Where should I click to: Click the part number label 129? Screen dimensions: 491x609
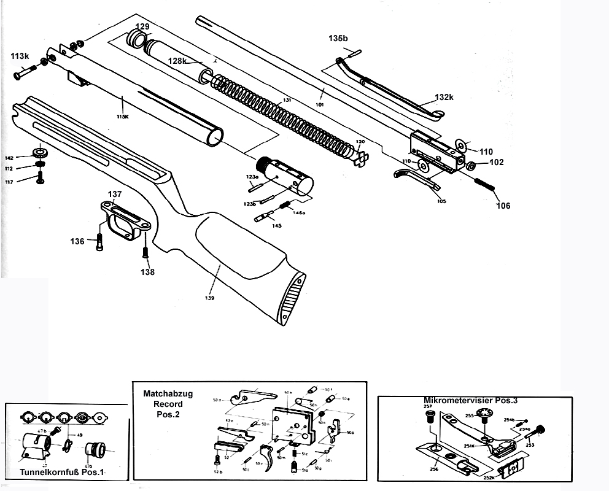(142, 26)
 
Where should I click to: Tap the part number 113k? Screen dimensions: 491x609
(20, 56)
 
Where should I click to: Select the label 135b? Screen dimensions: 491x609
(338, 38)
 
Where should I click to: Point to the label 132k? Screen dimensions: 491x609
(444, 98)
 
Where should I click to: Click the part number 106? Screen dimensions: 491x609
(503, 206)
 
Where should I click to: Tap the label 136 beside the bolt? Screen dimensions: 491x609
(77, 241)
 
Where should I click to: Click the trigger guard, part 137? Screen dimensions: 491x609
(125, 219)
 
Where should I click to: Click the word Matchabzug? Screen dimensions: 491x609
(168, 393)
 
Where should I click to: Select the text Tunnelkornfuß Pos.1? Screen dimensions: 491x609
(63, 473)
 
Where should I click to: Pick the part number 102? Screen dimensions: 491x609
(496, 163)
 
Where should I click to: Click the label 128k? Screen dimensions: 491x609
(177, 61)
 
